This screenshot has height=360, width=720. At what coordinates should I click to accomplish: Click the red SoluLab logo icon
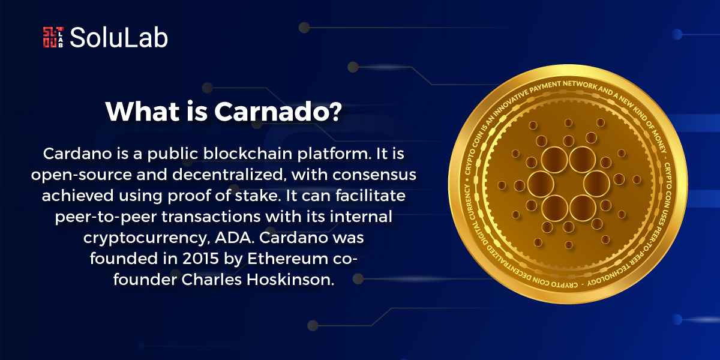[x=53, y=37]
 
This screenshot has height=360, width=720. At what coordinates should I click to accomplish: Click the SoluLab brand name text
[x=119, y=38]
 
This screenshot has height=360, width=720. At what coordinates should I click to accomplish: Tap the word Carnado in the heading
[x=272, y=112]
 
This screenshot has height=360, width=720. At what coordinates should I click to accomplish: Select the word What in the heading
[x=143, y=112]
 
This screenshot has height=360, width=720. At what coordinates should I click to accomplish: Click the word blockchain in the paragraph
[x=247, y=154]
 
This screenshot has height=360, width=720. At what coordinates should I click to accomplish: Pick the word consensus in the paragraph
[x=374, y=175]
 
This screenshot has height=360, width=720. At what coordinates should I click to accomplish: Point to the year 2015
[x=201, y=259]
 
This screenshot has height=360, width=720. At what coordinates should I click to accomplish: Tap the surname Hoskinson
[x=290, y=280]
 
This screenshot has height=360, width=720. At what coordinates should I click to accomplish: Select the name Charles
[x=211, y=280]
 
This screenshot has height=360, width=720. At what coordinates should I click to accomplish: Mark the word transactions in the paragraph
[x=211, y=217]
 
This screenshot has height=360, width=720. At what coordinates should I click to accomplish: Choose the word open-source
[x=82, y=175]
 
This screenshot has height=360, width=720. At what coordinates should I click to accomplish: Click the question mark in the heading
[x=336, y=112]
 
